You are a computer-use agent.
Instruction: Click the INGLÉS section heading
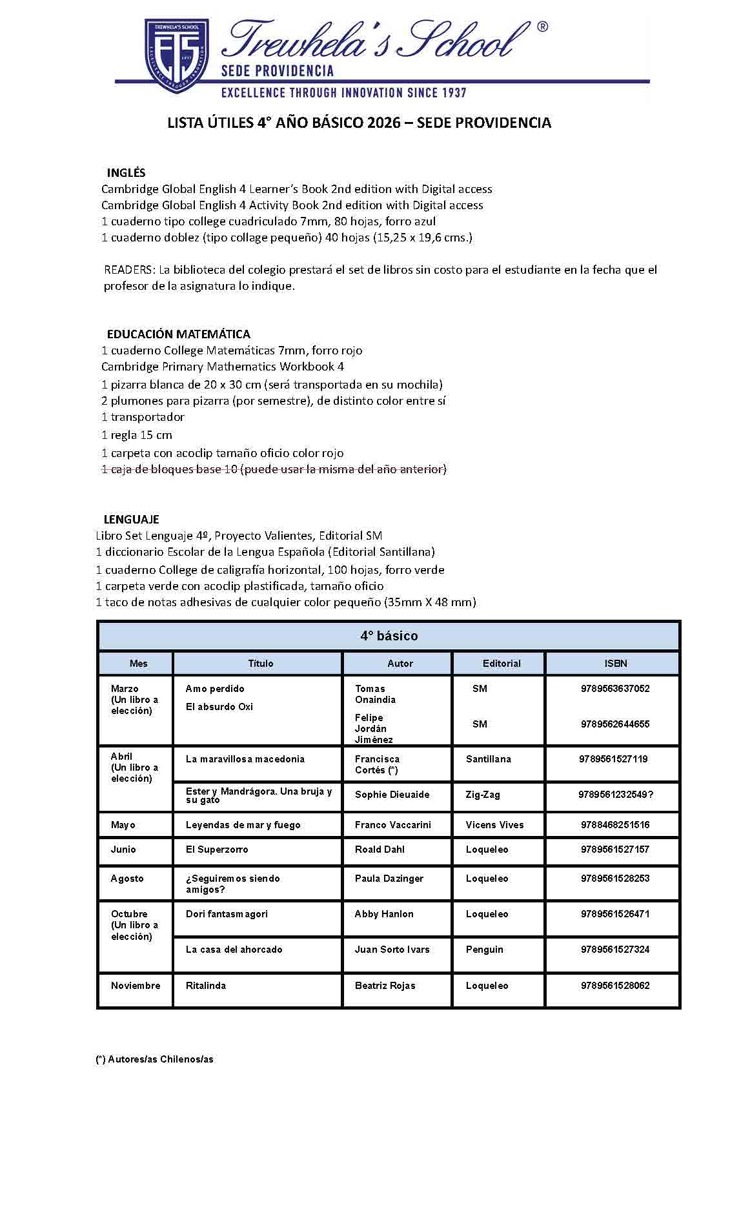[126, 172]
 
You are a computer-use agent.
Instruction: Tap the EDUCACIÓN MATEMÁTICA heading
[178, 334]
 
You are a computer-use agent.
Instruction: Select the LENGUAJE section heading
[131, 519]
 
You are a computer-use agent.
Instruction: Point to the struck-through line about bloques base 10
[274, 469]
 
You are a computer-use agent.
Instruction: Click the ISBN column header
[615, 663]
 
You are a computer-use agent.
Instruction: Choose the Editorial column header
[501, 663]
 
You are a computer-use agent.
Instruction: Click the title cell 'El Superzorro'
[217, 850]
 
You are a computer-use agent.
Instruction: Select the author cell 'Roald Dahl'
[380, 850]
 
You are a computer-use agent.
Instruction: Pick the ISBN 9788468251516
[614, 825]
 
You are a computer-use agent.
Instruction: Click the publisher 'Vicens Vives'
[494, 825]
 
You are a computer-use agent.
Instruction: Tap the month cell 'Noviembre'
[136, 986]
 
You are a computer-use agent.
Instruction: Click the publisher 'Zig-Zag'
[483, 795]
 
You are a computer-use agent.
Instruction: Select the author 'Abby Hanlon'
[384, 914]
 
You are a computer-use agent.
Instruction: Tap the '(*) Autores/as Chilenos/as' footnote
[155, 1059]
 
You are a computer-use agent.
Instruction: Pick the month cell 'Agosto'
[127, 879]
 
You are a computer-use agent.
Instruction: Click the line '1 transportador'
[143, 417]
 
